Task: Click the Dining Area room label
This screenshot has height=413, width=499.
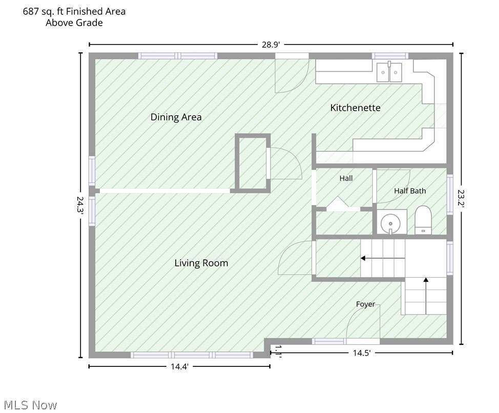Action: tap(176, 117)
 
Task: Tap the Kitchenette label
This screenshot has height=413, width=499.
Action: tap(355, 108)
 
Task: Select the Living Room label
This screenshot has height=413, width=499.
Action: tap(201, 263)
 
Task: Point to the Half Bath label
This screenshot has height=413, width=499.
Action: tap(410, 191)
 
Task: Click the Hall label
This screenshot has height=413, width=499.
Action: tap(346, 178)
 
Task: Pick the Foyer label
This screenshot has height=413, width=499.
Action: tap(365, 304)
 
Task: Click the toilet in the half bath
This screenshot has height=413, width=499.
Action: tap(423, 220)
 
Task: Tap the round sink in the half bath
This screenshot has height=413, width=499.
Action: tap(390, 223)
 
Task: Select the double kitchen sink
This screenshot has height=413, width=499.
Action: tap(389, 72)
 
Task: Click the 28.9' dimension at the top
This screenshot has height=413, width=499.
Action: tap(271, 45)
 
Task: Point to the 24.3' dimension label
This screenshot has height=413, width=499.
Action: tap(80, 206)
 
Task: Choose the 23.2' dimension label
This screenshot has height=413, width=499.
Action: tap(462, 198)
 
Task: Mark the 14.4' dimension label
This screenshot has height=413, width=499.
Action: tap(179, 366)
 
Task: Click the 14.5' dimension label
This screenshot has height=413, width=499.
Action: tap(362, 353)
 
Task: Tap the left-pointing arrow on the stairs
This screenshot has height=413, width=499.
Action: tap(383, 258)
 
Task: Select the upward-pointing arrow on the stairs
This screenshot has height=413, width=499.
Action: tap(426, 296)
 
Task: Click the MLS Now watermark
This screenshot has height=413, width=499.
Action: tap(31, 405)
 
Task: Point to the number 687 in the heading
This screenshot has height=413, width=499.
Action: tap(31, 11)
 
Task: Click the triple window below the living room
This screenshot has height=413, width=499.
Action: tap(192, 355)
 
